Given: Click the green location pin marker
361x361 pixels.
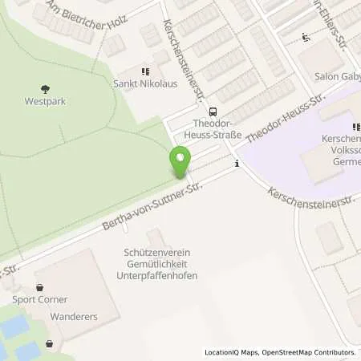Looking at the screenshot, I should click(x=180, y=163).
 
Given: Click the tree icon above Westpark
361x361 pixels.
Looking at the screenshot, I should click(x=43, y=89).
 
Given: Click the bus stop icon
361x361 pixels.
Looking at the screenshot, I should click(x=213, y=112).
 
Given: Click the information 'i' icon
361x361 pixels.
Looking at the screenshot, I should click(x=237, y=164).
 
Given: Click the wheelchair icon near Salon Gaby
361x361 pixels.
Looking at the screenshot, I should click(x=305, y=37).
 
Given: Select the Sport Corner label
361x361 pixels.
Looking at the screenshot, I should click(x=39, y=299).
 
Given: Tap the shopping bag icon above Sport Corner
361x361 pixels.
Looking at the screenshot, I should click(x=39, y=286).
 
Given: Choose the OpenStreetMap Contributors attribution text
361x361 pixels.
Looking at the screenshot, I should click(x=309, y=352).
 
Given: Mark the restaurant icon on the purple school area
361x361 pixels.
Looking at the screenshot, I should click(x=356, y=127).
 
